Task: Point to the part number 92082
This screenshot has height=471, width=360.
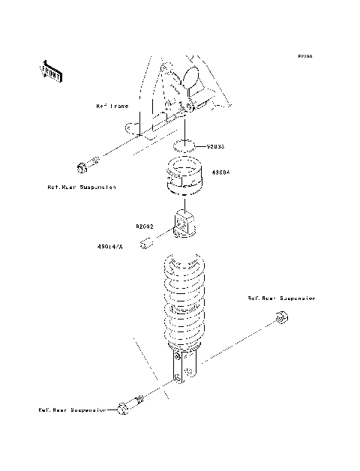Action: coord(145,225)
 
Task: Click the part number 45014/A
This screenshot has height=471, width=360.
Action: coord(109,244)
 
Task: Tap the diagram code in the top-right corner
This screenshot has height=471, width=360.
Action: coord(304,56)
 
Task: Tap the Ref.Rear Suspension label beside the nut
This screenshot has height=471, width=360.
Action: coord(282,298)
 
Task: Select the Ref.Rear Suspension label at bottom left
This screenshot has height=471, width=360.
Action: coord(73,410)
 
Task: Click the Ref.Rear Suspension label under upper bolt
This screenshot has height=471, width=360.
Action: coord(81,187)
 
